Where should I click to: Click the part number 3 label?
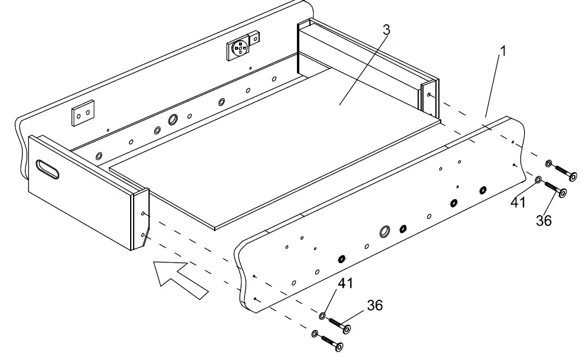click(386, 30)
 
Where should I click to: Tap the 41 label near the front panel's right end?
click(519, 203)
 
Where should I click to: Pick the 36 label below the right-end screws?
click(544, 220)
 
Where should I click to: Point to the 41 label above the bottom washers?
click(345, 283)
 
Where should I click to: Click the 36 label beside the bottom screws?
click(374, 305)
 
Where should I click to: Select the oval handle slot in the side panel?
click(47, 170)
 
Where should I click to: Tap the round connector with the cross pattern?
click(241, 48)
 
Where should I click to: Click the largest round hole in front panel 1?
click(384, 231)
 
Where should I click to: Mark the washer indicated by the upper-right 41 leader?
click(538, 179)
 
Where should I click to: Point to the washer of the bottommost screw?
click(315, 334)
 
